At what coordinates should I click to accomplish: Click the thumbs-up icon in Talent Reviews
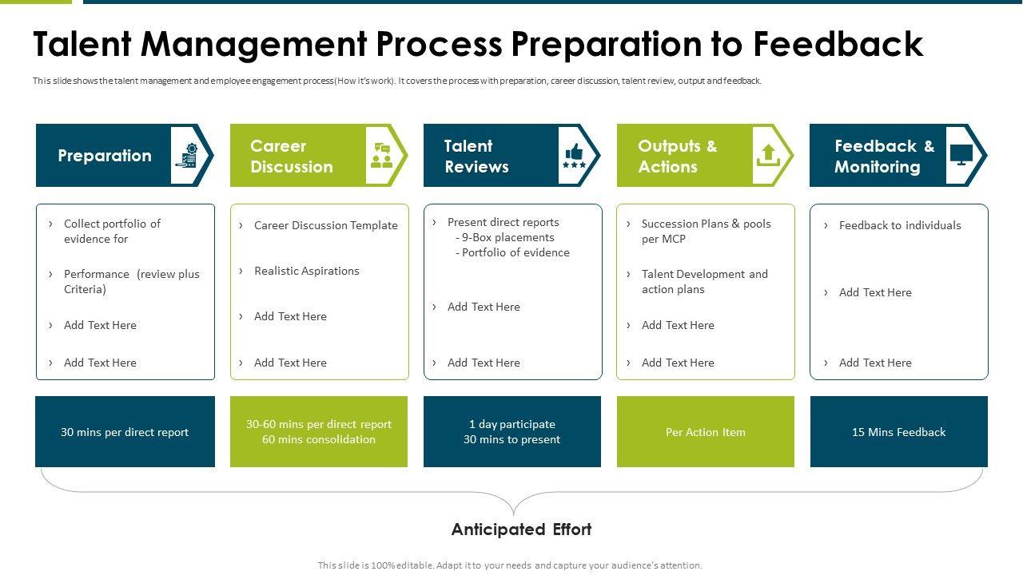click(x=574, y=155)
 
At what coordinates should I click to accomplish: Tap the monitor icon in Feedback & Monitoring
click(x=961, y=154)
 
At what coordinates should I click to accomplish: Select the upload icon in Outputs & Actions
click(x=767, y=154)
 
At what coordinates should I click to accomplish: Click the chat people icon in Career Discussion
click(x=381, y=155)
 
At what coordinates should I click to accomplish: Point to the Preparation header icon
click(x=187, y=155)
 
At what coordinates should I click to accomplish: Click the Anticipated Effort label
click(x=521, y=529)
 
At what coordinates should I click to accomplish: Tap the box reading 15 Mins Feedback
click(x=898, y=432)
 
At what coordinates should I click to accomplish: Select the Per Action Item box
click(x=705, y=432)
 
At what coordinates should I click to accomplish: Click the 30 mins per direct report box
click(x=125, y=432)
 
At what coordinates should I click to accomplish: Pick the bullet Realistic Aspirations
click(x=307, y=271)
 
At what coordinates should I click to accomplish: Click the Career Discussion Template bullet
click(x=325, y=225)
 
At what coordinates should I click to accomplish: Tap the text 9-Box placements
click(x=508, y=237)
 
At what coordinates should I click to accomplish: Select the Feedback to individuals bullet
click(x=900, y=225)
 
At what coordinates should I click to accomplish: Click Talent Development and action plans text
click(x=704, y=281)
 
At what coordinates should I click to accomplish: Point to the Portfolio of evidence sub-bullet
click(x=515, y=252)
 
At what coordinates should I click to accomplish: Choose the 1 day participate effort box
click(x=511, y=432)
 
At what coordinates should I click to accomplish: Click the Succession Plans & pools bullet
click(x=706, y=231)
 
